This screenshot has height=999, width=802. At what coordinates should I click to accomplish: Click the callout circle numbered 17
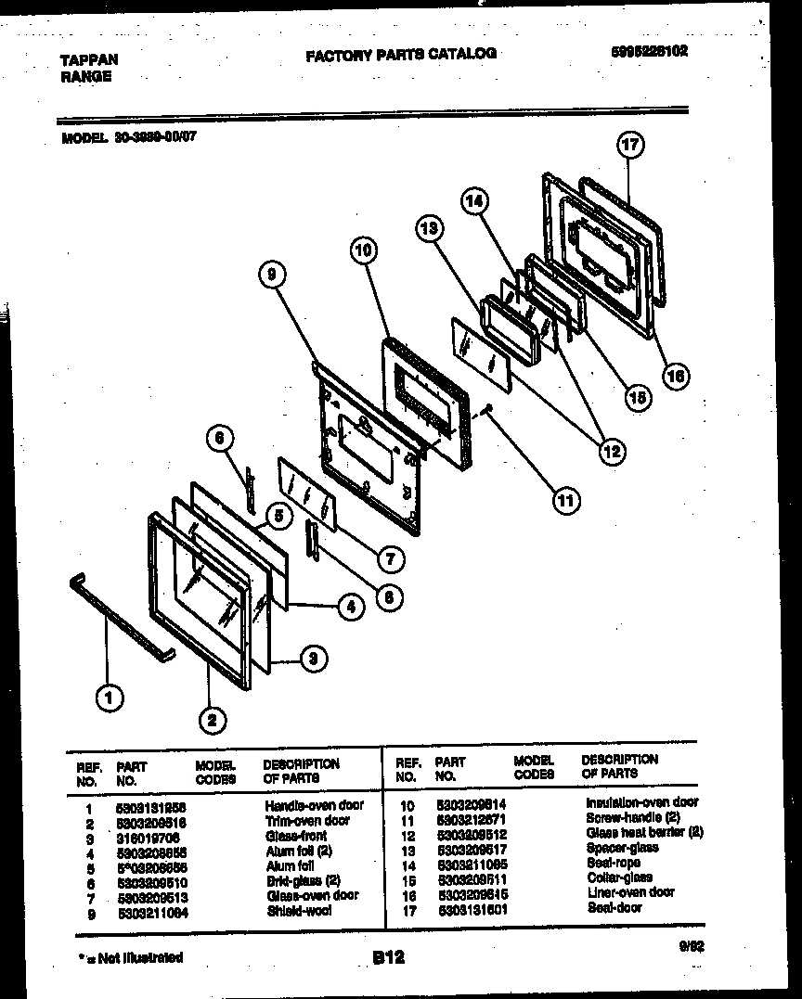[x=630, y=146]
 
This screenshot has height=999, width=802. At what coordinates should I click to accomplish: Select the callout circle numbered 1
[x=110, y=698]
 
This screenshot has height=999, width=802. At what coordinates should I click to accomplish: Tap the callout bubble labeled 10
[x=365, y=250]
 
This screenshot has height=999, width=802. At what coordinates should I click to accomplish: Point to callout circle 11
[x=564, y=501]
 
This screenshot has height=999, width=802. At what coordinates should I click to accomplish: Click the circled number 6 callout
[x=219, y=439]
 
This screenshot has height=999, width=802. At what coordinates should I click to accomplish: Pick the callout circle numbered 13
[x=429, y=228]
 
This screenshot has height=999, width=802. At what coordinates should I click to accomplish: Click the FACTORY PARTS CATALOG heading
[x=400, y=55]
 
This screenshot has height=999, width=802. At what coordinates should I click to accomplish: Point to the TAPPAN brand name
[x=89, y=59]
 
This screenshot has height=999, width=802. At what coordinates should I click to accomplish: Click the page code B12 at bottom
[x=389, y=956]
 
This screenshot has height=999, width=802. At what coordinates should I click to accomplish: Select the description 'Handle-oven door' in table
[x=314, y=805]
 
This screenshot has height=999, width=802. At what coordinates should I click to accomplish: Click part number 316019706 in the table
[x=147, y=836]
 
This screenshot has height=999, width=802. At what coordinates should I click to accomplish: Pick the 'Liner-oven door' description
[x=630, y=892]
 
